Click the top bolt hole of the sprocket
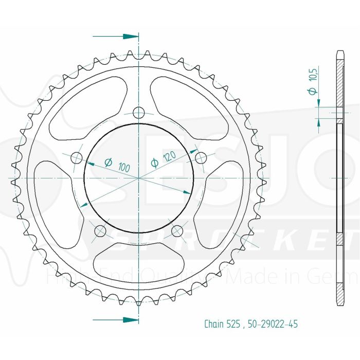138,113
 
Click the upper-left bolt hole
77,157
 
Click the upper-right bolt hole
200,157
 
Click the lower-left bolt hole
100,230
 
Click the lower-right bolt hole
176,230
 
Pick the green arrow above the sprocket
116,37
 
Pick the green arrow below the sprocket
116,319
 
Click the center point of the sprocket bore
138,178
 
